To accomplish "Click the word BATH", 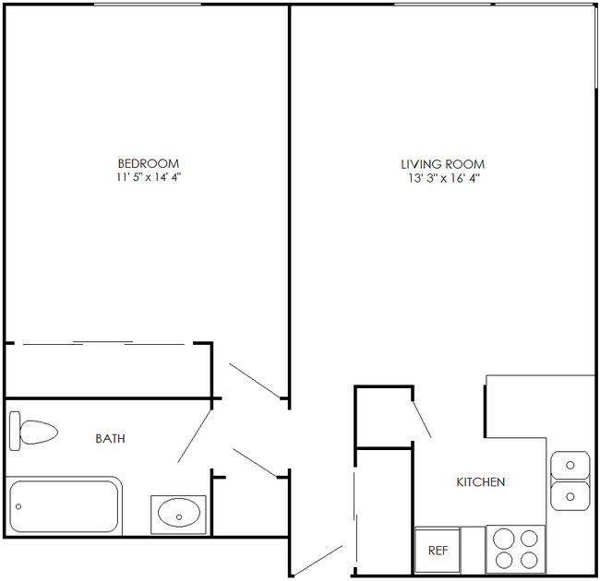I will pyautogui.click(x=111, y=439).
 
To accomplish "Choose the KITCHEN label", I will pyautogui.click(x=481, y=482).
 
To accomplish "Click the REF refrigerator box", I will pyautogui.click(x=438, y=551).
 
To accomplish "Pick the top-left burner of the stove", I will pyautogui.click(x=504, y=538).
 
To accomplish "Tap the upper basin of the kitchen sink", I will pyautogui.click(x=570, y=462).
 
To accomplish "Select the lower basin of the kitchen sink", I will pyautogui.click(x=570, y=497).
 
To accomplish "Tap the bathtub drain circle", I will pyautogui.click(x=18, y=507).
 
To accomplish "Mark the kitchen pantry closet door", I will pyautogui.click(x=421, y=412).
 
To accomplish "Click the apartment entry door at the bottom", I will pyautogui.click(x=318, y=560).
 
